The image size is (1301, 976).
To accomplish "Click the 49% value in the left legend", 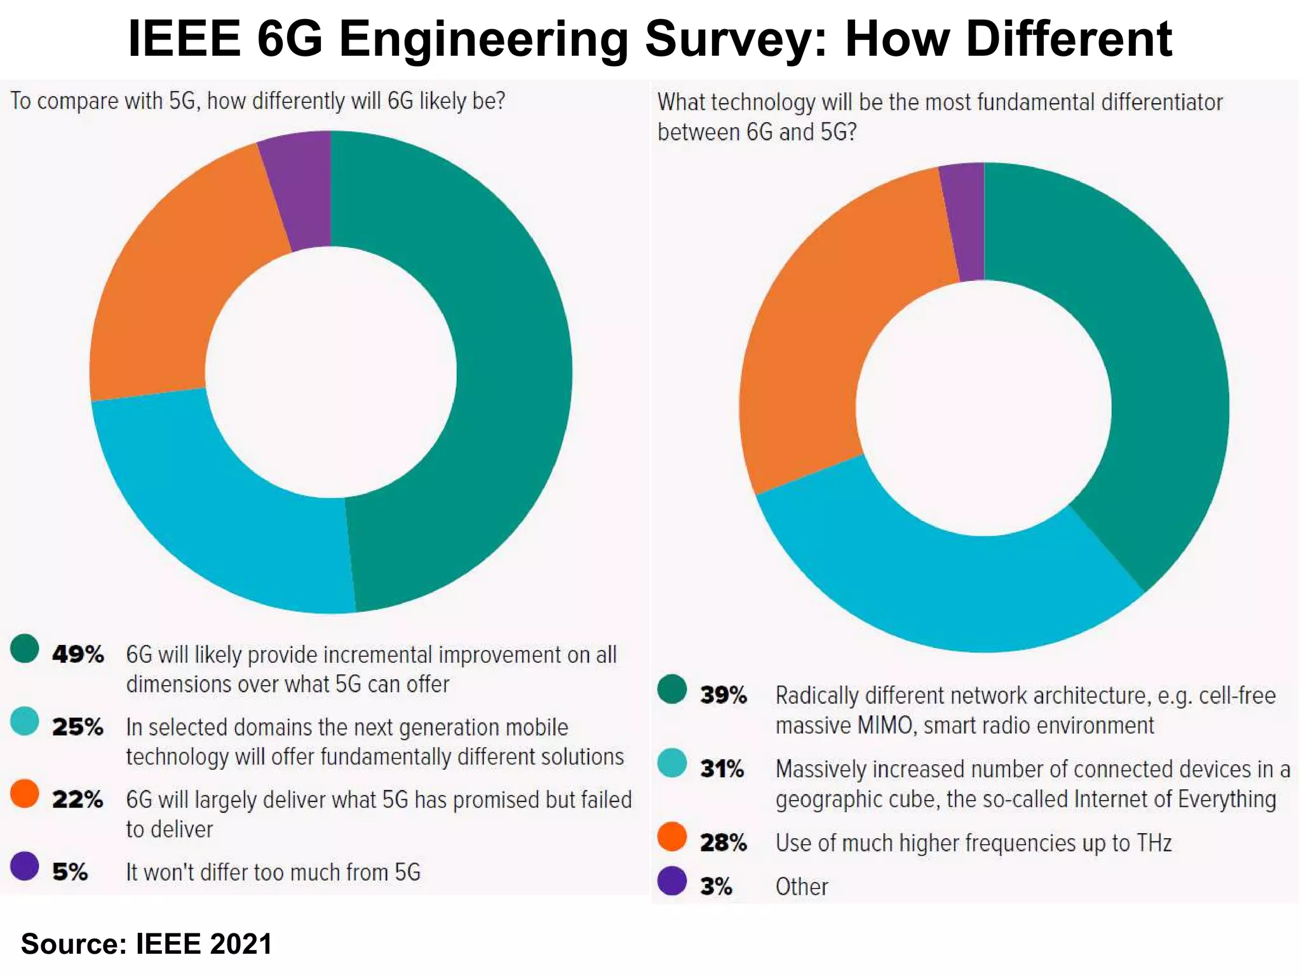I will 78,654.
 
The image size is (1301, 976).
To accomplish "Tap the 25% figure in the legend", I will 78,727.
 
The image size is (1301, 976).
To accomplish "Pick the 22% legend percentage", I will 78,799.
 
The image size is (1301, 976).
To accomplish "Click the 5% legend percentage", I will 69,872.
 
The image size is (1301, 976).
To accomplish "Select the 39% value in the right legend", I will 723,695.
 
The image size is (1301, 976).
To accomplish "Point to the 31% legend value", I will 722,769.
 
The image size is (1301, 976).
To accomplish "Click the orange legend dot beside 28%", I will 671,836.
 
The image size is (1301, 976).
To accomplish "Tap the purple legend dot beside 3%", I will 671,881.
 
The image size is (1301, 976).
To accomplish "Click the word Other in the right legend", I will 802,886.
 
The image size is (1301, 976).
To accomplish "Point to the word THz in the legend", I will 1154,843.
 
